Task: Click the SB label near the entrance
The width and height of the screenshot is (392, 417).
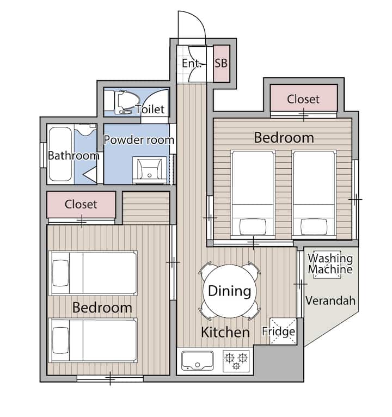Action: click(221, 63)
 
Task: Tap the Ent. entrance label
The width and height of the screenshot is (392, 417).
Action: click(191, 63)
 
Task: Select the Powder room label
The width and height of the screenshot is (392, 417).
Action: click(138, 139)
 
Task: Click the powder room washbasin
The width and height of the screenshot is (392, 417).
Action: click(150, 170)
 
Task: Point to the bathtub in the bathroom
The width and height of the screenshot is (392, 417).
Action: click(60, 154)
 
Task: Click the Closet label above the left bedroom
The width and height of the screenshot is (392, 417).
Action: click(81, 204)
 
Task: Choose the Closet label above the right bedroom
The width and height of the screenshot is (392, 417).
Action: click(303, 99)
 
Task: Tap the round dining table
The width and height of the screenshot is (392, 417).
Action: click(229, 291)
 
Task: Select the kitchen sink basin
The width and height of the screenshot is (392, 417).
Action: click(197, 360)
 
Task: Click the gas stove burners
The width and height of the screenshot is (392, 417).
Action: click(236, 361)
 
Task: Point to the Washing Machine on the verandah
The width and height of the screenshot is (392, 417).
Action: click(327, 265)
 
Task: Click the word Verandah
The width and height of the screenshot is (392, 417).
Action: click(330, 301)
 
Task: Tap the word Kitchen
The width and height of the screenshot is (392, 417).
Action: click(225, 332)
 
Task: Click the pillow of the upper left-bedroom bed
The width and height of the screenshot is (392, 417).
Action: click(60, 273)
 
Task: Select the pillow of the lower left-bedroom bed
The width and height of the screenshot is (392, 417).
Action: click(60, 340)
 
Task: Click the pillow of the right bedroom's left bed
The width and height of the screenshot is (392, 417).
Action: click(253, 226)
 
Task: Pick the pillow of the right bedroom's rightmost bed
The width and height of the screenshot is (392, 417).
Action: click(314, 226)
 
